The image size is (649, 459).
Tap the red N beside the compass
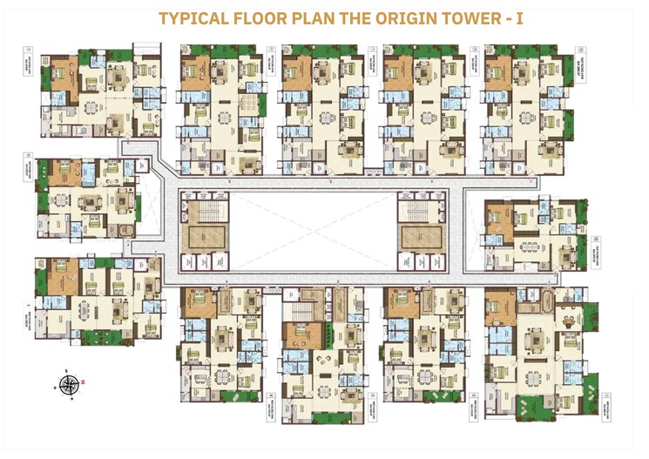coord(84,381)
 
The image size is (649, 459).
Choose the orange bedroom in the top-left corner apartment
coord(63,71)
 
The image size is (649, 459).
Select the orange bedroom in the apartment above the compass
coord(64,279)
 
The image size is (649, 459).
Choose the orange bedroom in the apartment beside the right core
coord(501,217)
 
